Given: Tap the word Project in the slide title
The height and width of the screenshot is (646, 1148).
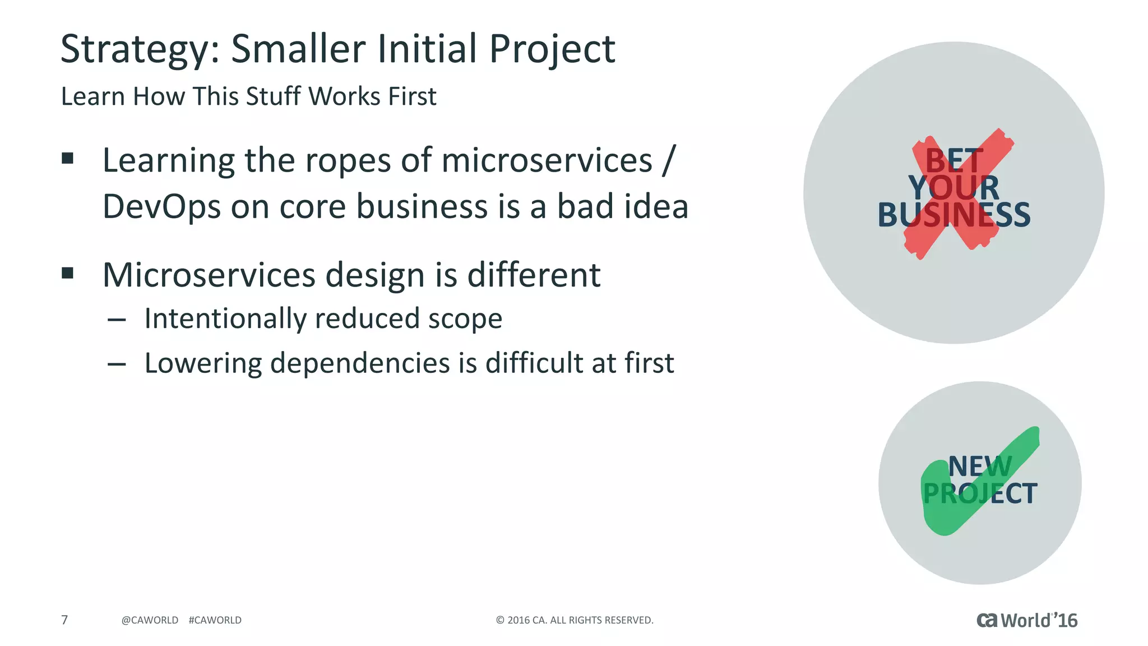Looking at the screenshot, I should pyautogui.click(x=552, y=49).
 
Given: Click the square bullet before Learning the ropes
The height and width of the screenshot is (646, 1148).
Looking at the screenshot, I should pyautogui.click(x=68, y=159).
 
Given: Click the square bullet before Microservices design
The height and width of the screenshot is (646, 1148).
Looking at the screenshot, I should pyautogui.click(x=68, y=273).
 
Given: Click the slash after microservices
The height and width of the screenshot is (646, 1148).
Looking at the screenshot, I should pyautogui.click(x=669, y=160).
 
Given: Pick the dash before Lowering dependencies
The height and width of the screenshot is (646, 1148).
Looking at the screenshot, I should pyautogui.click(x=117, y=364).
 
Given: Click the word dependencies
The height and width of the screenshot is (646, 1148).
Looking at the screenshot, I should pyautogui.click(x=361, y=363).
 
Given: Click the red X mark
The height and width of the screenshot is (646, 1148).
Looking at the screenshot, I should pyautogui.click(x=959, y=193).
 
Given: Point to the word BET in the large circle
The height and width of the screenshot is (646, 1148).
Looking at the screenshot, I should pyautogui.click(x=954, y=161).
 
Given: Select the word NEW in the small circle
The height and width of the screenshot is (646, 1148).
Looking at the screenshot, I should pyautogui.click(x=979, y=467).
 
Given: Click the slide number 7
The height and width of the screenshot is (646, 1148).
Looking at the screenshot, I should pyautogui.click(x=64, y=620).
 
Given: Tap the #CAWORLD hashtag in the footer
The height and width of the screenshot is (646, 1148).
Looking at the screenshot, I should pyautogui.click(x=215, y=620).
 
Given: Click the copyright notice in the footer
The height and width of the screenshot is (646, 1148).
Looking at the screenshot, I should pyautogui.click(x=575, y=620).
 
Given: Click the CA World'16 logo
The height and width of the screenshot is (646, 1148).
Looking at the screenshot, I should pyautogui.click(x=1027, y=620).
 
